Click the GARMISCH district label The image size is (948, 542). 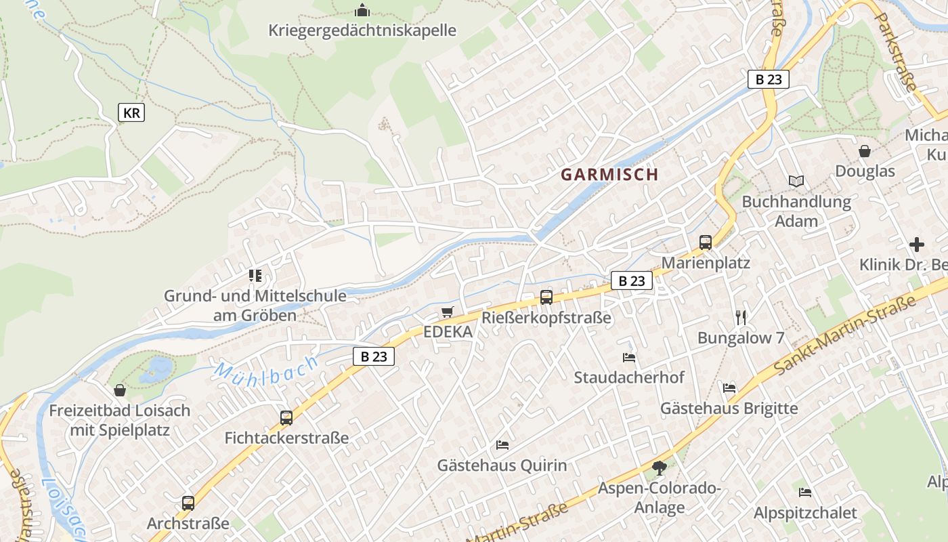(x=609, y=174)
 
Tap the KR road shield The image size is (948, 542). (x=131, y=112)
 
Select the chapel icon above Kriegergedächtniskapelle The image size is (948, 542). (x=362, y=11)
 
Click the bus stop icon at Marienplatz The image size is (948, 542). (x=706, y=243)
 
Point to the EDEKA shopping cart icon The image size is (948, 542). (x=446, y=312)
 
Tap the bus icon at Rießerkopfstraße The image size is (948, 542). (x=546, y=297)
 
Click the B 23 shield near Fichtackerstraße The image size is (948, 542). (x=374, y=356)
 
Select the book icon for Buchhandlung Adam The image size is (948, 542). (x=796, y=182)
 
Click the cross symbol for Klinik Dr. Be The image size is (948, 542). (x=917, y=244)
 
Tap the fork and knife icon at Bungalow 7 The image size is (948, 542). (x=741, y=317)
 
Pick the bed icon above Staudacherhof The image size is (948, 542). (x=629, y=357)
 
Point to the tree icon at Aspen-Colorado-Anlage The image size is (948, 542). (x=659, y=467)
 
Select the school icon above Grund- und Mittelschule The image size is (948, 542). (x=255, y=275)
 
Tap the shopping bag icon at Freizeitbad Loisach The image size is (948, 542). (x=120, y=390)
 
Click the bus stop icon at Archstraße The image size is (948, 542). (x=188, y=503)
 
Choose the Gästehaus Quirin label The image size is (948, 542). (x=502, y=465)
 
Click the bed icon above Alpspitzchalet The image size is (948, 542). (x=804, y=493)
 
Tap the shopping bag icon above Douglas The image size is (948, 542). (x=865, y=150)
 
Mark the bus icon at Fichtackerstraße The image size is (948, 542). (x=286, y=418)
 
